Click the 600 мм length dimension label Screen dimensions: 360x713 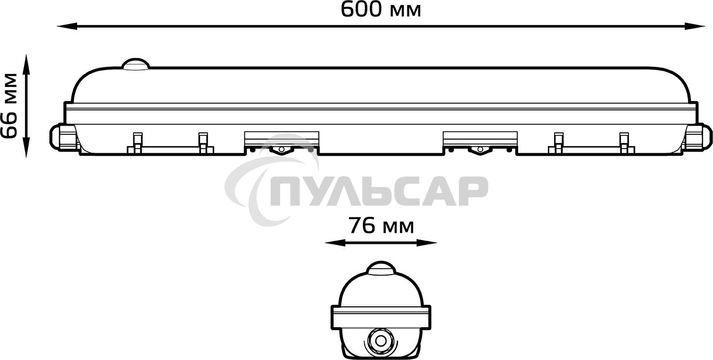click(381, 9)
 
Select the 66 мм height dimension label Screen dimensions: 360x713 click(9, 106)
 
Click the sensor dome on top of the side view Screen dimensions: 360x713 click(135, 64)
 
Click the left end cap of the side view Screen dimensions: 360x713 click(62, 137)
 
